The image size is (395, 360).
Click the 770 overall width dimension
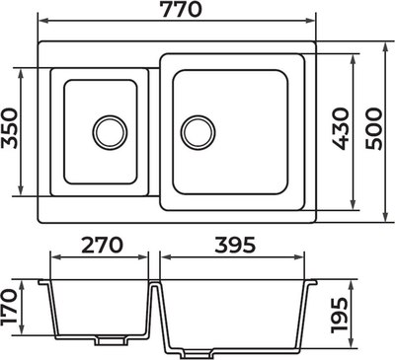coord(181,9)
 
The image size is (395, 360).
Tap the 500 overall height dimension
coord(374,128)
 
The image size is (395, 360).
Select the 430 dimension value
coord(340,128)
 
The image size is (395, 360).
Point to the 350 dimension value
coord(9,128)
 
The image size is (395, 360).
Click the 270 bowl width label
coord(102,245)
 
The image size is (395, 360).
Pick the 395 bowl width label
coord(235,245)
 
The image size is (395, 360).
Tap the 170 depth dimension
coord(8,307)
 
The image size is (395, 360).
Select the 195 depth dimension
coord(340,315)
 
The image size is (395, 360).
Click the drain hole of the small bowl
coord(110,132)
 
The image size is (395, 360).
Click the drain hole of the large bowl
coord(198,132)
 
